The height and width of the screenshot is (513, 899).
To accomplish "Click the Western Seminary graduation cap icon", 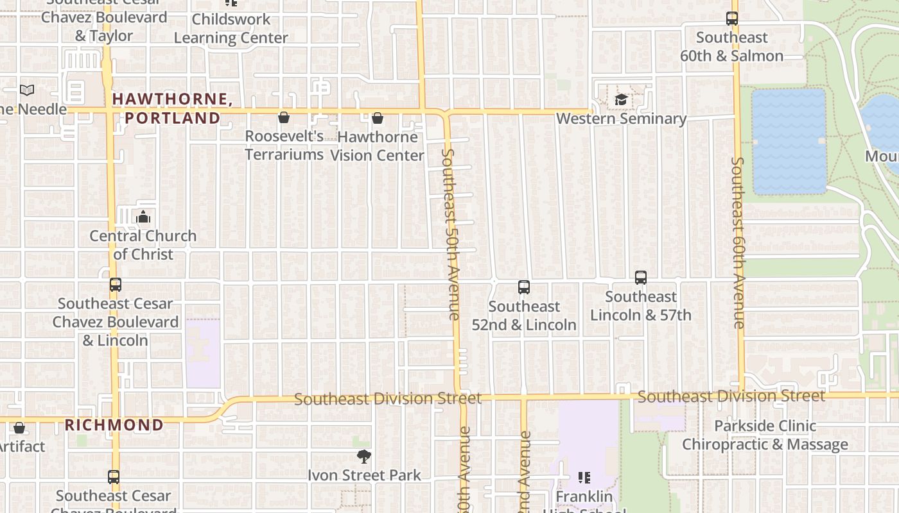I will (621, 99).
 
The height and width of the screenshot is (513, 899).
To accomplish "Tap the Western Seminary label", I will (621, 119).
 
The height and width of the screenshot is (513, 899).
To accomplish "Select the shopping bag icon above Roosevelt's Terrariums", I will (284, 117).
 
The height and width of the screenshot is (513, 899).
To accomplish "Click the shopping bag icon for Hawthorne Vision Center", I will (378, 118).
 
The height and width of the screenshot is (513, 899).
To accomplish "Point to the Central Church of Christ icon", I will (143, 217).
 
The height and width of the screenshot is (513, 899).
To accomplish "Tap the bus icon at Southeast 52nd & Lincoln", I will (524, 287).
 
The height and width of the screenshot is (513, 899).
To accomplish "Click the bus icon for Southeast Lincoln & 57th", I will (641, 278).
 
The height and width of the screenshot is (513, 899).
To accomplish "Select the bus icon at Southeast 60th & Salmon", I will (732, 19).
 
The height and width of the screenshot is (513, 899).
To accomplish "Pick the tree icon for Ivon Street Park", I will (363, 457).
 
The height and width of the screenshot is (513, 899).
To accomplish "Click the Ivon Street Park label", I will (364, 475).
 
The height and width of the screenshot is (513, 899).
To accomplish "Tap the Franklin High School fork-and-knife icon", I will (584, 478).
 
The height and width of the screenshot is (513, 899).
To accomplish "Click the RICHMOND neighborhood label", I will (114, 425).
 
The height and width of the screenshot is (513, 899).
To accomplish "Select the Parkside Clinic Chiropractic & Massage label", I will (765, 435).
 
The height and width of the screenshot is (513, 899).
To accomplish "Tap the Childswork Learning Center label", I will (231, 28).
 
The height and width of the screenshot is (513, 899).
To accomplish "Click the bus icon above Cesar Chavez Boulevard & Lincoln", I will (116, 285).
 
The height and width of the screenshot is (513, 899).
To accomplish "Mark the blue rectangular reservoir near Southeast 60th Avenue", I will (789, 141).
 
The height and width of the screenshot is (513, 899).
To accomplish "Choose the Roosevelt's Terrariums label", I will (284, 146).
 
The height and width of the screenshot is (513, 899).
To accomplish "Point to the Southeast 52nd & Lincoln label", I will (524, 315).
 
